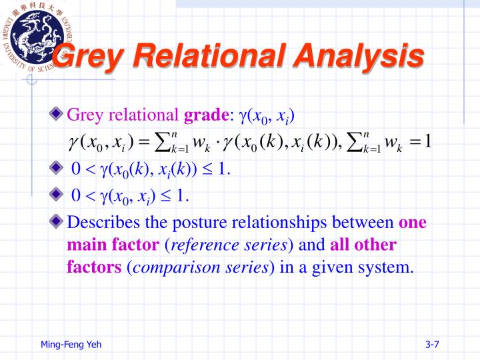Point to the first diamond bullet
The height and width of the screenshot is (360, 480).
pos(61,115)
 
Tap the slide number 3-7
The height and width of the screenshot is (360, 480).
pos(431,344)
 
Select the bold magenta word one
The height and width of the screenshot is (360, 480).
pos(413,222)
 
